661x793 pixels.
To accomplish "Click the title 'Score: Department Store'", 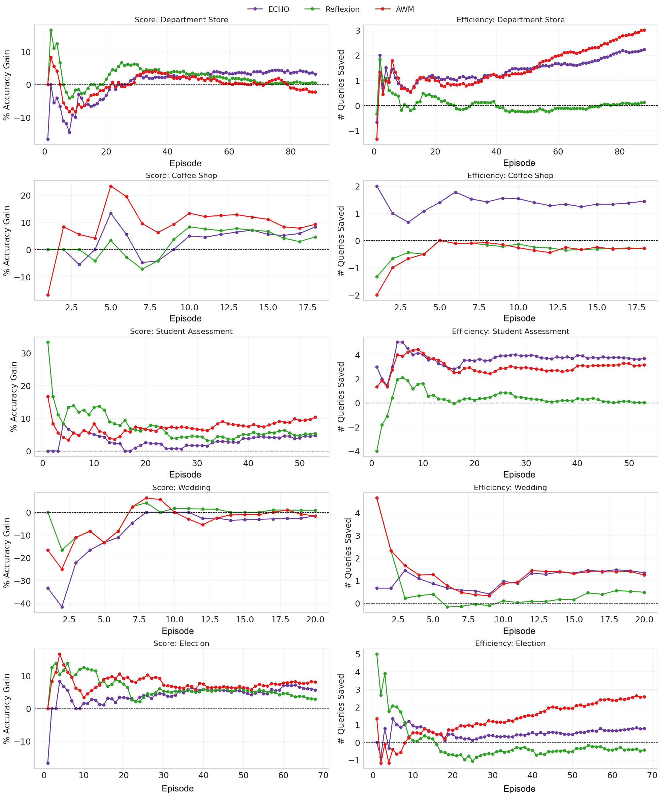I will [181, 20].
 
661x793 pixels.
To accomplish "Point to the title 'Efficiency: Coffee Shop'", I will [510, 176].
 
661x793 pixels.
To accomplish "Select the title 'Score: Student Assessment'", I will [181, 331].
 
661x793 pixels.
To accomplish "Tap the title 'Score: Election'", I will [181, 644].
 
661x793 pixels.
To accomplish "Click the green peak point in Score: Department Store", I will [51, 30].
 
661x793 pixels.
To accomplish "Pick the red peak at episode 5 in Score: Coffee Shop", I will [111, 186].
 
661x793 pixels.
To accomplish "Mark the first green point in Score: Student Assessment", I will [48, 342].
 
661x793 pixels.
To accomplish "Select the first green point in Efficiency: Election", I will [377, 654].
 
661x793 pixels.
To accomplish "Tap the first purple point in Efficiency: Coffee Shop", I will [377, 186].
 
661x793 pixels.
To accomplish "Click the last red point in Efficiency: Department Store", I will [644, 30].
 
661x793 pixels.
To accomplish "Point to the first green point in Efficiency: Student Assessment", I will [377, 451].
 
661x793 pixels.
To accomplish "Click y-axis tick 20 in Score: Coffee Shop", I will [26, 196].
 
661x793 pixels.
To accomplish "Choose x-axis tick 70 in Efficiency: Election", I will [652, 775].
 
